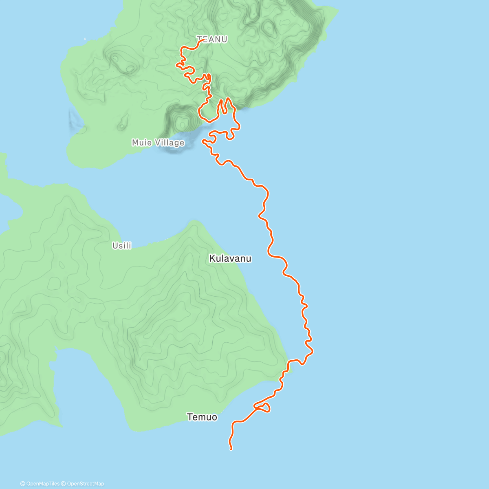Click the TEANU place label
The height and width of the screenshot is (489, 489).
pos(212,40)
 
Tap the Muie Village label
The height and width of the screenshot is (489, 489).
pos(158,143)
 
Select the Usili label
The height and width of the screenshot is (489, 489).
pos(122,246)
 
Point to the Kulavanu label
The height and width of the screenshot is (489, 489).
pos(230,258)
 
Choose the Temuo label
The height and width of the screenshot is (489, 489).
pos(202,417)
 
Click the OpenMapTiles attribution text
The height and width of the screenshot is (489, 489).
pos(42,484)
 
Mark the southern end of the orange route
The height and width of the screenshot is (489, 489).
pos(231,449)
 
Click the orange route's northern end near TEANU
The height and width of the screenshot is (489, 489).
pos(203,40)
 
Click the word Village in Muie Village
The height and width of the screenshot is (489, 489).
pos(170,143)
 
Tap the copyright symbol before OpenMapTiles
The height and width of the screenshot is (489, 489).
pos(23,484)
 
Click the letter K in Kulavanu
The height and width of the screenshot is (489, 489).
pos(212,258)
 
